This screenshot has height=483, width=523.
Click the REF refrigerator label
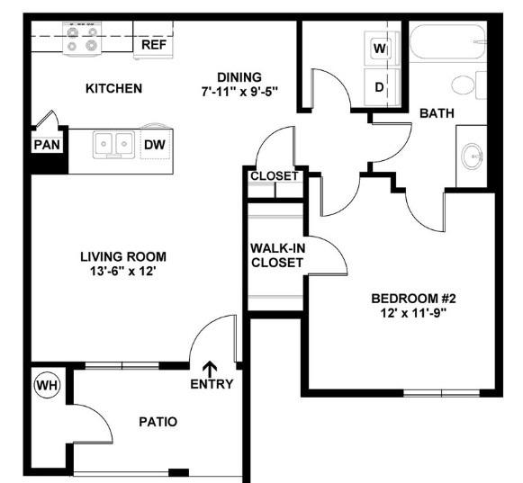tap(154, 45)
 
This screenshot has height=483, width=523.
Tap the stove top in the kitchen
tap(82, 39)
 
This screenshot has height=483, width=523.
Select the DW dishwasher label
tap(155, 145)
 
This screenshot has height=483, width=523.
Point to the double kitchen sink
tap(113, 144)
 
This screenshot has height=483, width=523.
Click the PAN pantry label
tap(47, 145)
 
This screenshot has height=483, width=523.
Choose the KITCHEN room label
tap(113, 88)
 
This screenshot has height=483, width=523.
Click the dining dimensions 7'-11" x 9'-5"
tap(239, 92)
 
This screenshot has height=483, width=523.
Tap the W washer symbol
tap(380, 49)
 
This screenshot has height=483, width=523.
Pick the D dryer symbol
tap(379, 87)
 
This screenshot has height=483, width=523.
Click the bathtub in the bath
tap(447, 41)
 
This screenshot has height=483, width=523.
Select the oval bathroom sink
tap(472, 157)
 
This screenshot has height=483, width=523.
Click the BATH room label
tap(437, 113)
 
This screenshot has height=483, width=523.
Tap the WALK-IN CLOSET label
tap(277, 255)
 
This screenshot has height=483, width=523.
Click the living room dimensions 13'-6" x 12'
tap(123, 271)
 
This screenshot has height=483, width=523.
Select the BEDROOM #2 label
tap(413, 299)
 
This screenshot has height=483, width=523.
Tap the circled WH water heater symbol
tap(48, 385)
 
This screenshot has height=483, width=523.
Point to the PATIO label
tap(158, 422)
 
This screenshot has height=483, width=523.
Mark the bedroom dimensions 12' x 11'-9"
tap(413, 313)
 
